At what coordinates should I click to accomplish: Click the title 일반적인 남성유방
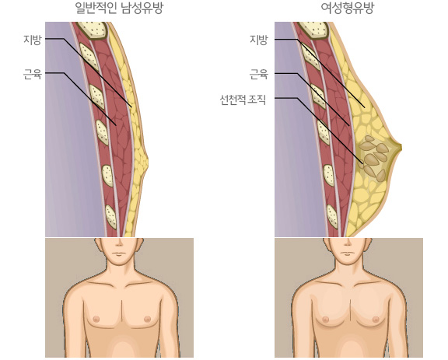119,8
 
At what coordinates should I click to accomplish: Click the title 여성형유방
347,8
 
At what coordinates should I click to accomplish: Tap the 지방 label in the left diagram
33,40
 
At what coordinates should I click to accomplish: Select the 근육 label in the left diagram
33,74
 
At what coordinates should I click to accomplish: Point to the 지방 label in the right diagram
259,40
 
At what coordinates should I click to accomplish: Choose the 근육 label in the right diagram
259,74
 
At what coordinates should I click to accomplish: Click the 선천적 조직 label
243,100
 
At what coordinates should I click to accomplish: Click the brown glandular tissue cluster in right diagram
374,158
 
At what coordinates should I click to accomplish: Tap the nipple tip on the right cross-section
401,148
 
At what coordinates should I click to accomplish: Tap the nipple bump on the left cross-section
146,162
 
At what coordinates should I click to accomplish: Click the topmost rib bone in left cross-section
93,30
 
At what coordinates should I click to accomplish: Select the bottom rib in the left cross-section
111,217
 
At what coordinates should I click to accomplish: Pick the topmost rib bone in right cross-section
314,30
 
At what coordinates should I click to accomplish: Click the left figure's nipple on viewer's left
96,318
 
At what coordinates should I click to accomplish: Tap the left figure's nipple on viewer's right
147,318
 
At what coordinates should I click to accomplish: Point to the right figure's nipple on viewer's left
325,319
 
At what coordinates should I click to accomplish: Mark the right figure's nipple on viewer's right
376,319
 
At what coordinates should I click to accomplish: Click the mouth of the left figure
119,253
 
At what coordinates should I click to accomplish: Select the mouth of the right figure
348,253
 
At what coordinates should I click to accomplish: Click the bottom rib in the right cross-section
332,216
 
